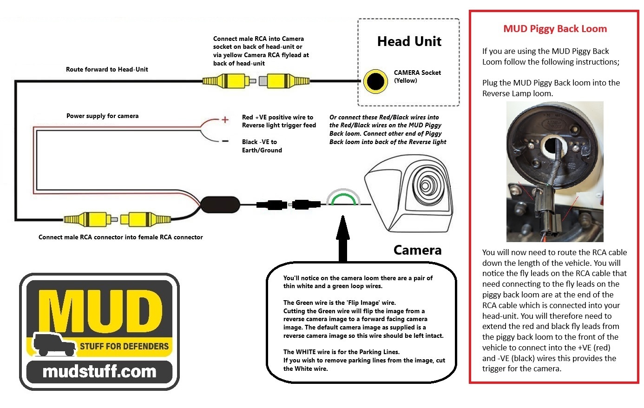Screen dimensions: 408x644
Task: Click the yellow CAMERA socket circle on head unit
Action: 375,81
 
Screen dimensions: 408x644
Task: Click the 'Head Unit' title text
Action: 409,41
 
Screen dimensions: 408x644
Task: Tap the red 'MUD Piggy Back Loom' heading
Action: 555,29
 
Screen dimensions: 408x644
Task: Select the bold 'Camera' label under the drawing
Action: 417,250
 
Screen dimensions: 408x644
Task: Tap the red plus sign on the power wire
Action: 225,120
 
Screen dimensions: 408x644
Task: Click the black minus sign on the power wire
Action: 225,141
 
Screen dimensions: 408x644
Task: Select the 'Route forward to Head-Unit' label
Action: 107,69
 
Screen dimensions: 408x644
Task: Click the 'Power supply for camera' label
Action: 102,116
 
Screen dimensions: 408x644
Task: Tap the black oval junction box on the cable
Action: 220,204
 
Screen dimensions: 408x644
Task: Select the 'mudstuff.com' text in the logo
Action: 99,372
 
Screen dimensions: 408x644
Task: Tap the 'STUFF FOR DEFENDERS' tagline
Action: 124,346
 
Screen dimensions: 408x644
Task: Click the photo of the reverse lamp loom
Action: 555,172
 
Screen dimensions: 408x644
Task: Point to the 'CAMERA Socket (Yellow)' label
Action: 417,76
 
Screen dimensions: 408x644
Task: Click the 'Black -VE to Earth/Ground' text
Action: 262,146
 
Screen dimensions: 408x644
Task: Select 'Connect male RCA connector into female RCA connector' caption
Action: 120,237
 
